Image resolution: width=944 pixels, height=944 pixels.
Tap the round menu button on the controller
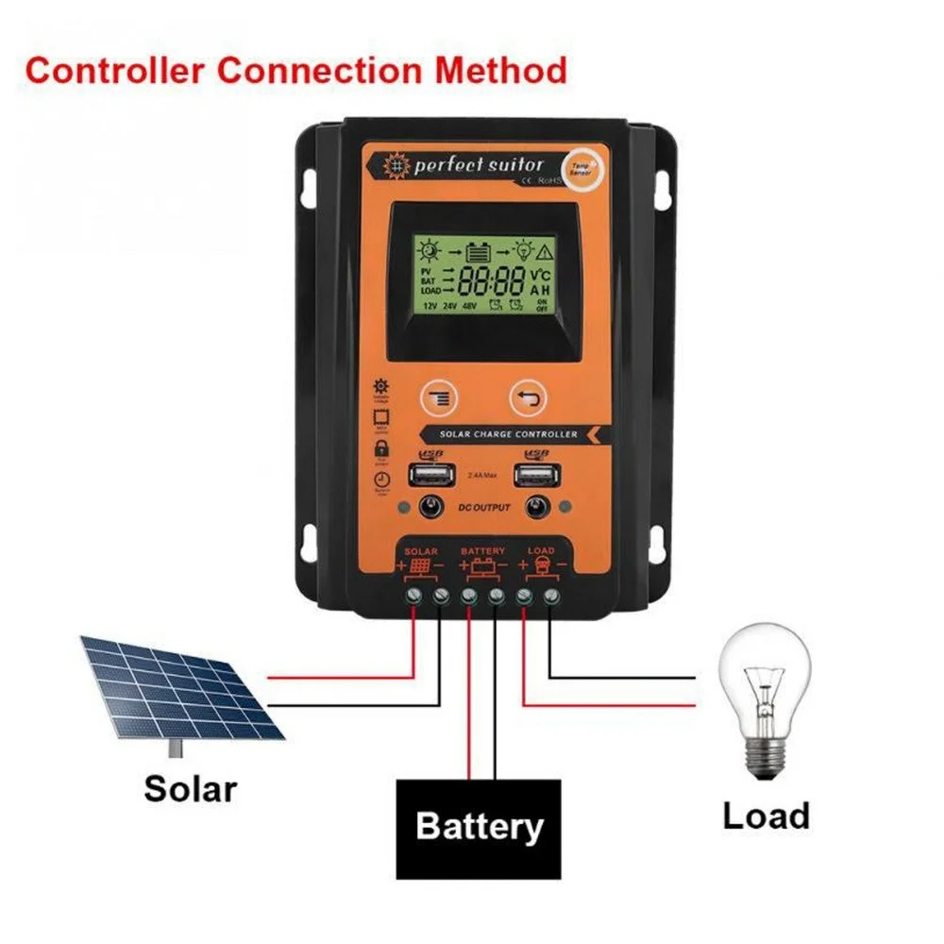(436, 397)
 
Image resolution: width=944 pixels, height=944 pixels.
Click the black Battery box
(478, 828)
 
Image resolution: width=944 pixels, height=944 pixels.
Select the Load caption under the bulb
(766, 815)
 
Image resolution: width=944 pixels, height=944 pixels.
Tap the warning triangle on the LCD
(546, 251)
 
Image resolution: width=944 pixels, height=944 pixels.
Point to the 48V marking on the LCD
(470, 307)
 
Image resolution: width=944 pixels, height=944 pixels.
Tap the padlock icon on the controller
(381, 449)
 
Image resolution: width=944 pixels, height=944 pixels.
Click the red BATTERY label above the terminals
(482, 550)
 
